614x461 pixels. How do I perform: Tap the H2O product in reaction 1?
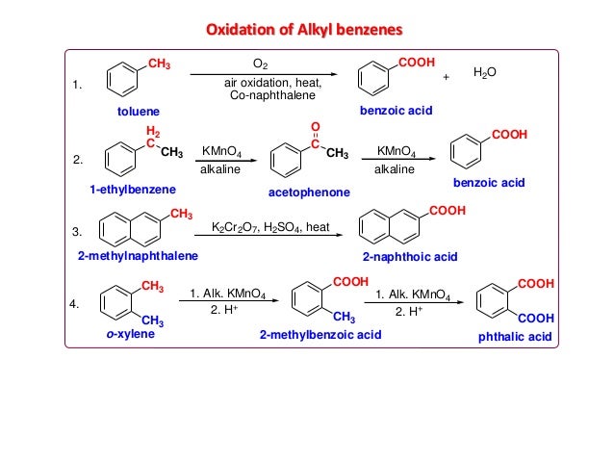coord(488,73)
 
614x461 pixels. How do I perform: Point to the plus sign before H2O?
coord(446,77)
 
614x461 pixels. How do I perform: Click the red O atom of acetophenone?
coord(315,127)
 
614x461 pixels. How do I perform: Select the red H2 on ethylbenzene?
coord(151,130)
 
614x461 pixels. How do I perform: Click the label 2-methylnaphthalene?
coord(138,257)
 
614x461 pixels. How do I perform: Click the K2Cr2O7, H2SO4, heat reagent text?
coord(270,227)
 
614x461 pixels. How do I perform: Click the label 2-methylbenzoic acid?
coord(320,335)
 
